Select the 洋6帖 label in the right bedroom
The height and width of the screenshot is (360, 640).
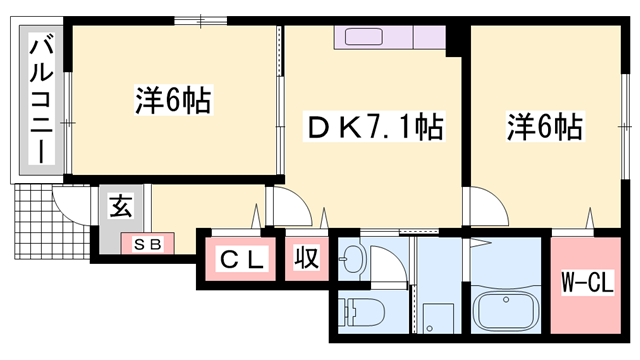544,127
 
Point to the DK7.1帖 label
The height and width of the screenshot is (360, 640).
373,127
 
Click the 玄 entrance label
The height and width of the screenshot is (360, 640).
120,208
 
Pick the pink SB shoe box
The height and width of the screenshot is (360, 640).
148,243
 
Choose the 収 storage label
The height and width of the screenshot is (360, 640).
305,259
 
